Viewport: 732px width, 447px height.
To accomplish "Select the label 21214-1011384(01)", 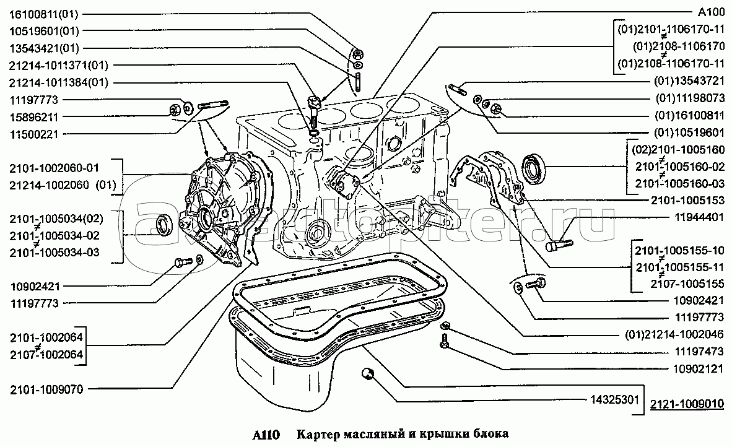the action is coord(59,82).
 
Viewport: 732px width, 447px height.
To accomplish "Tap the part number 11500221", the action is coord(33,134).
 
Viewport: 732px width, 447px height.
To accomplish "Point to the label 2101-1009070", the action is coord(46,389).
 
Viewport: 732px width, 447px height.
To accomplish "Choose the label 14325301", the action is coord(614,400).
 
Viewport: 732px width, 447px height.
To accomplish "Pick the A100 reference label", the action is coord(711,12).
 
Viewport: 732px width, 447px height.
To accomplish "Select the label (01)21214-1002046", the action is coord(674,334).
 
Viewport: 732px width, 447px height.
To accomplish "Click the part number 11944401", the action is coord(699,217).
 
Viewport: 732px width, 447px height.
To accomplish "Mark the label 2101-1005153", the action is coord(687,201).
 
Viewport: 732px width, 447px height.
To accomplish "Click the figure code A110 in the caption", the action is coord(266,435).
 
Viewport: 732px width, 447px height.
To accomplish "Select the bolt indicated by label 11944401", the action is coord(559,243).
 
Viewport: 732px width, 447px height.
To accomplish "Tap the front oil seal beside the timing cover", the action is coord(162,225).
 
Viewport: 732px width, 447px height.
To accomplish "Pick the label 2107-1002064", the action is coord(46,355).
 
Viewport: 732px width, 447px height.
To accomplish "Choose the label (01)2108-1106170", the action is coord(679,46).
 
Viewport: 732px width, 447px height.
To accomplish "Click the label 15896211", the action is coord(33,117).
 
